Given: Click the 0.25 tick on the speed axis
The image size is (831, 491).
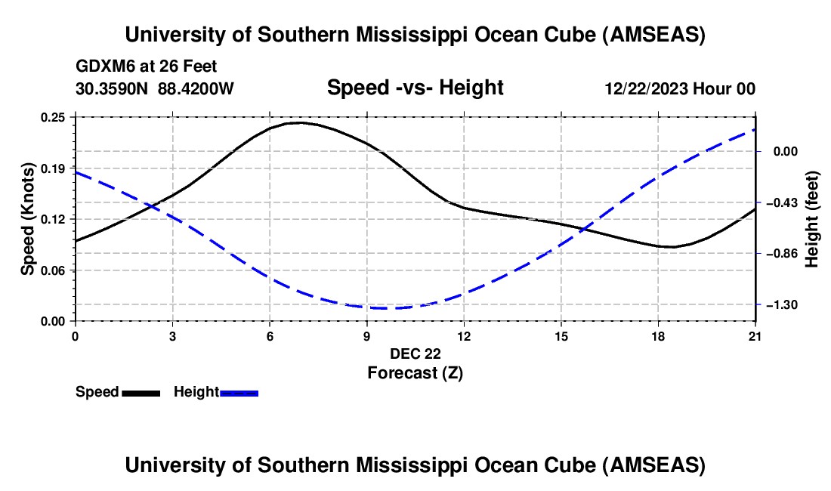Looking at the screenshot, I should [57, 117].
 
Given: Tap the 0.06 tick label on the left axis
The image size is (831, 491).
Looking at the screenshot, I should [57, 270].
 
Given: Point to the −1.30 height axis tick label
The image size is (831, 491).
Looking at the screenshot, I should [778, 304].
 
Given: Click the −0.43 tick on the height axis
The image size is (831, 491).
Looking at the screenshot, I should [778, 202].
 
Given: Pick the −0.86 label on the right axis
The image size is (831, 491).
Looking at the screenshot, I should [778, 253].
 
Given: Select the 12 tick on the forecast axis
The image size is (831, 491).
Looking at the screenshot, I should [464, 335].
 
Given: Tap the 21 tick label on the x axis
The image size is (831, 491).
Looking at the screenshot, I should [755, 335].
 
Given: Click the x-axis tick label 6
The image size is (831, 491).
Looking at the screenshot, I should [270, 335].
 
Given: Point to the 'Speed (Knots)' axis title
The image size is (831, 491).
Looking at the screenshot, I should [27, 219].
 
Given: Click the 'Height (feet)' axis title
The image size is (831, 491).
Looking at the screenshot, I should [813, 219].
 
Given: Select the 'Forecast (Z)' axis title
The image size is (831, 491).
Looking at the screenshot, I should [415, 372].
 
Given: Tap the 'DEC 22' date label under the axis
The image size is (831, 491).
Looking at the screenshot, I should [415, 354].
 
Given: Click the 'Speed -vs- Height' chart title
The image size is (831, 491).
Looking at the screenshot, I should [415, 88].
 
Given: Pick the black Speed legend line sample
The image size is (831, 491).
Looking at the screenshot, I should [141, 393].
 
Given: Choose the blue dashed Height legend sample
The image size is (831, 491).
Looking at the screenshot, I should [239, 393].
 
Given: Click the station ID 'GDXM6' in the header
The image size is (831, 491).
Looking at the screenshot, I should [104, 66].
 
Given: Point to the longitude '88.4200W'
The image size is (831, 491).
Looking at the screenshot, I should [196, 88].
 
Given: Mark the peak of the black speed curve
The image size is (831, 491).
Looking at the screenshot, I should [300, 122].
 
